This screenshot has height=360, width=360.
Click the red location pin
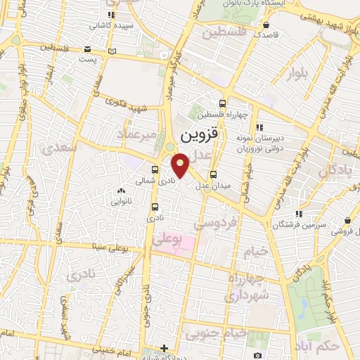coord(180,163)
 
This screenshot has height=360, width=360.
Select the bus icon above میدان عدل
coord(214,175)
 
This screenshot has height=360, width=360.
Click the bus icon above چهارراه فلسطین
coord(223,103)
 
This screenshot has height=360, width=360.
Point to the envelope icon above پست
coord(87,49)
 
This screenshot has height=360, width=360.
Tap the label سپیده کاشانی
coord(108,25)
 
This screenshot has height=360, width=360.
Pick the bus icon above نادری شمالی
coord(155,169)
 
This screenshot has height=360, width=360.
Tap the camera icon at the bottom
coord(258,354)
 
